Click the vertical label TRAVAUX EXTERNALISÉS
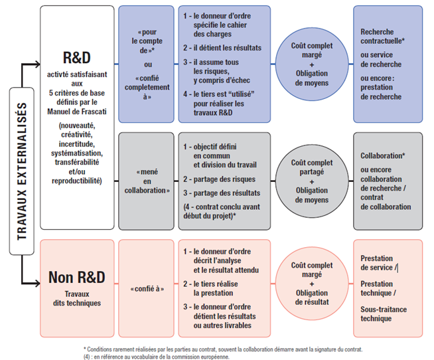point(22,171)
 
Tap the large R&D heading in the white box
point(77,58)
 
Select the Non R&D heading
point(77,277)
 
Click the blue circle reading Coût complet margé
point(312,64)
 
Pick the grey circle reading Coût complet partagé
point(312,181)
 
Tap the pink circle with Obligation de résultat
point(312,284)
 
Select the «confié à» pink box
point(147,288)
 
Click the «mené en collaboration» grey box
point(147,181)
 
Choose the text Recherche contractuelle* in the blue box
point(382,37)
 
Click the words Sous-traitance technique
point(384,314)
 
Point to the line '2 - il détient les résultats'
point(222,48)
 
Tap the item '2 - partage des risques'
point(219,179)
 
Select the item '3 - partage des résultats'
point(222,193)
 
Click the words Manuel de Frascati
point(77,112)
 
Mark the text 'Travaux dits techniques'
point(77,298)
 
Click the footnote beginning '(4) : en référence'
point(157,357)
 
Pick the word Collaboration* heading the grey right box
point(382,155)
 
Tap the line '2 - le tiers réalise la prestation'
point(210,288)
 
